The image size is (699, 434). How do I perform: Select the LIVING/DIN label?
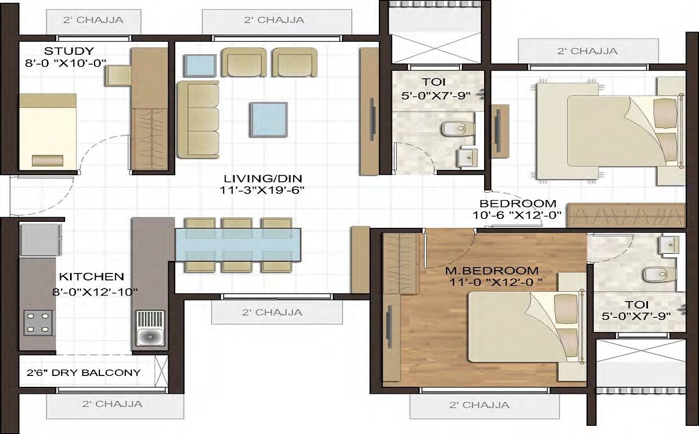263,178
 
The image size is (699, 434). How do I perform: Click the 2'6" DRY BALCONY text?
84,373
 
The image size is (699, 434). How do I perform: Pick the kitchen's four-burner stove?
38,322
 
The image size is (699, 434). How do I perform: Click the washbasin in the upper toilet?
467,158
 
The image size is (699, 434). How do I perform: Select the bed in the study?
47,131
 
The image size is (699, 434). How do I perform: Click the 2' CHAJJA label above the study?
93,21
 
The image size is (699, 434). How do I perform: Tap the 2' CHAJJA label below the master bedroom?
479,405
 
